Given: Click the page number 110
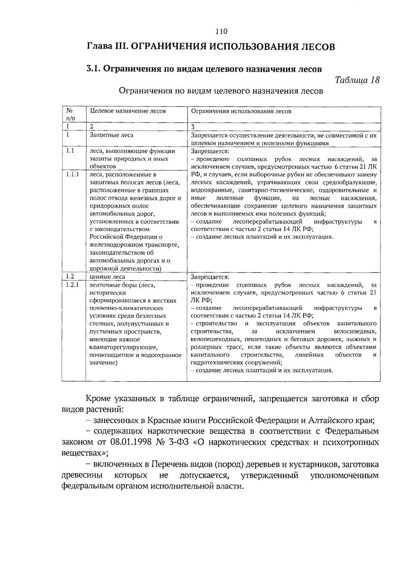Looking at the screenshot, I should tap(221, 32).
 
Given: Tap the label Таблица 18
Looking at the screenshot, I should tap(357, 80).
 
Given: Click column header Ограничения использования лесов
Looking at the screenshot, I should tap(241, 111).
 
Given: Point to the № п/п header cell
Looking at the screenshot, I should tap(69, 115).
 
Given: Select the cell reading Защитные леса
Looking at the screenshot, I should tap(112, 135).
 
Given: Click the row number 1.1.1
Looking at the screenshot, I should tap(72, 175).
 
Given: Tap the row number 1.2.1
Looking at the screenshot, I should tap(72, 285).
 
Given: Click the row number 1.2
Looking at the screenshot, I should tap(70, 277).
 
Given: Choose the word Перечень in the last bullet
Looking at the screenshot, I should tap(169, 464).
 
